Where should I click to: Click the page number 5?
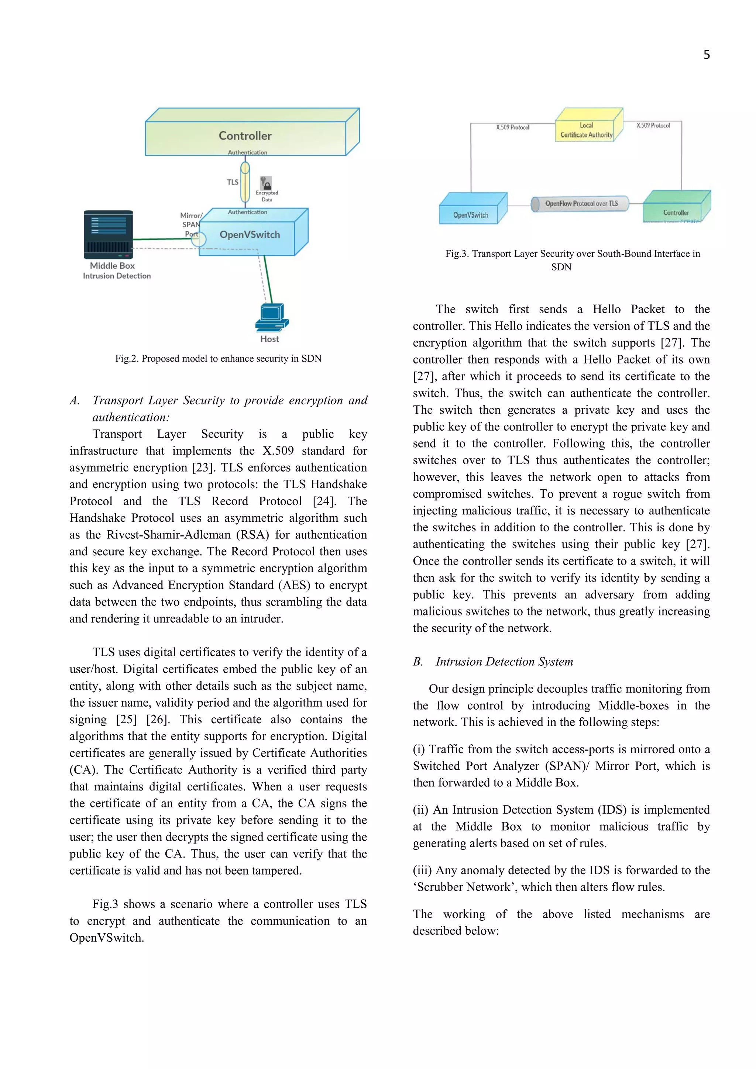(706, 55)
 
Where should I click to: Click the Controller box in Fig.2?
(245, 135)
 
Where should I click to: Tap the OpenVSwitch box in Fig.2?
(250, 234)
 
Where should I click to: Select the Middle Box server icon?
(108, 235)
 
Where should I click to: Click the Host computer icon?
(272, 318)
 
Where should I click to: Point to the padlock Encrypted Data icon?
(266, 183)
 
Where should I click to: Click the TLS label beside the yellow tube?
(233, 182)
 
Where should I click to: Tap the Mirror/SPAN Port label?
(191, 224)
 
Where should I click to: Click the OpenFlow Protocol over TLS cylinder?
(580, 203)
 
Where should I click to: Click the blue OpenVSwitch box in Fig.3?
(471, 211)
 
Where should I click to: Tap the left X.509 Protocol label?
(512, 127)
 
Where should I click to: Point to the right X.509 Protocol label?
(653, 125)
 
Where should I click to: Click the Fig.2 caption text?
(218, 359)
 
